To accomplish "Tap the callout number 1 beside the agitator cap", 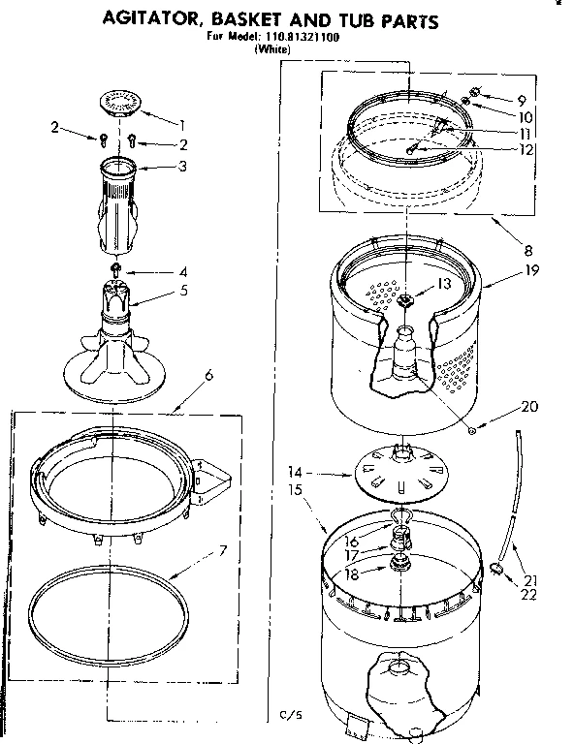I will tap(181, 123).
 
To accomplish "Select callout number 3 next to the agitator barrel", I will tap(180, 167).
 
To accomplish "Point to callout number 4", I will tap(181, 272).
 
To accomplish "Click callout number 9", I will tap(521, 99).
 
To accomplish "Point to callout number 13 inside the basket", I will tap(444, 284).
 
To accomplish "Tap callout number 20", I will tap(528, 406).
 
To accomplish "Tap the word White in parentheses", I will tap(271, 49).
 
